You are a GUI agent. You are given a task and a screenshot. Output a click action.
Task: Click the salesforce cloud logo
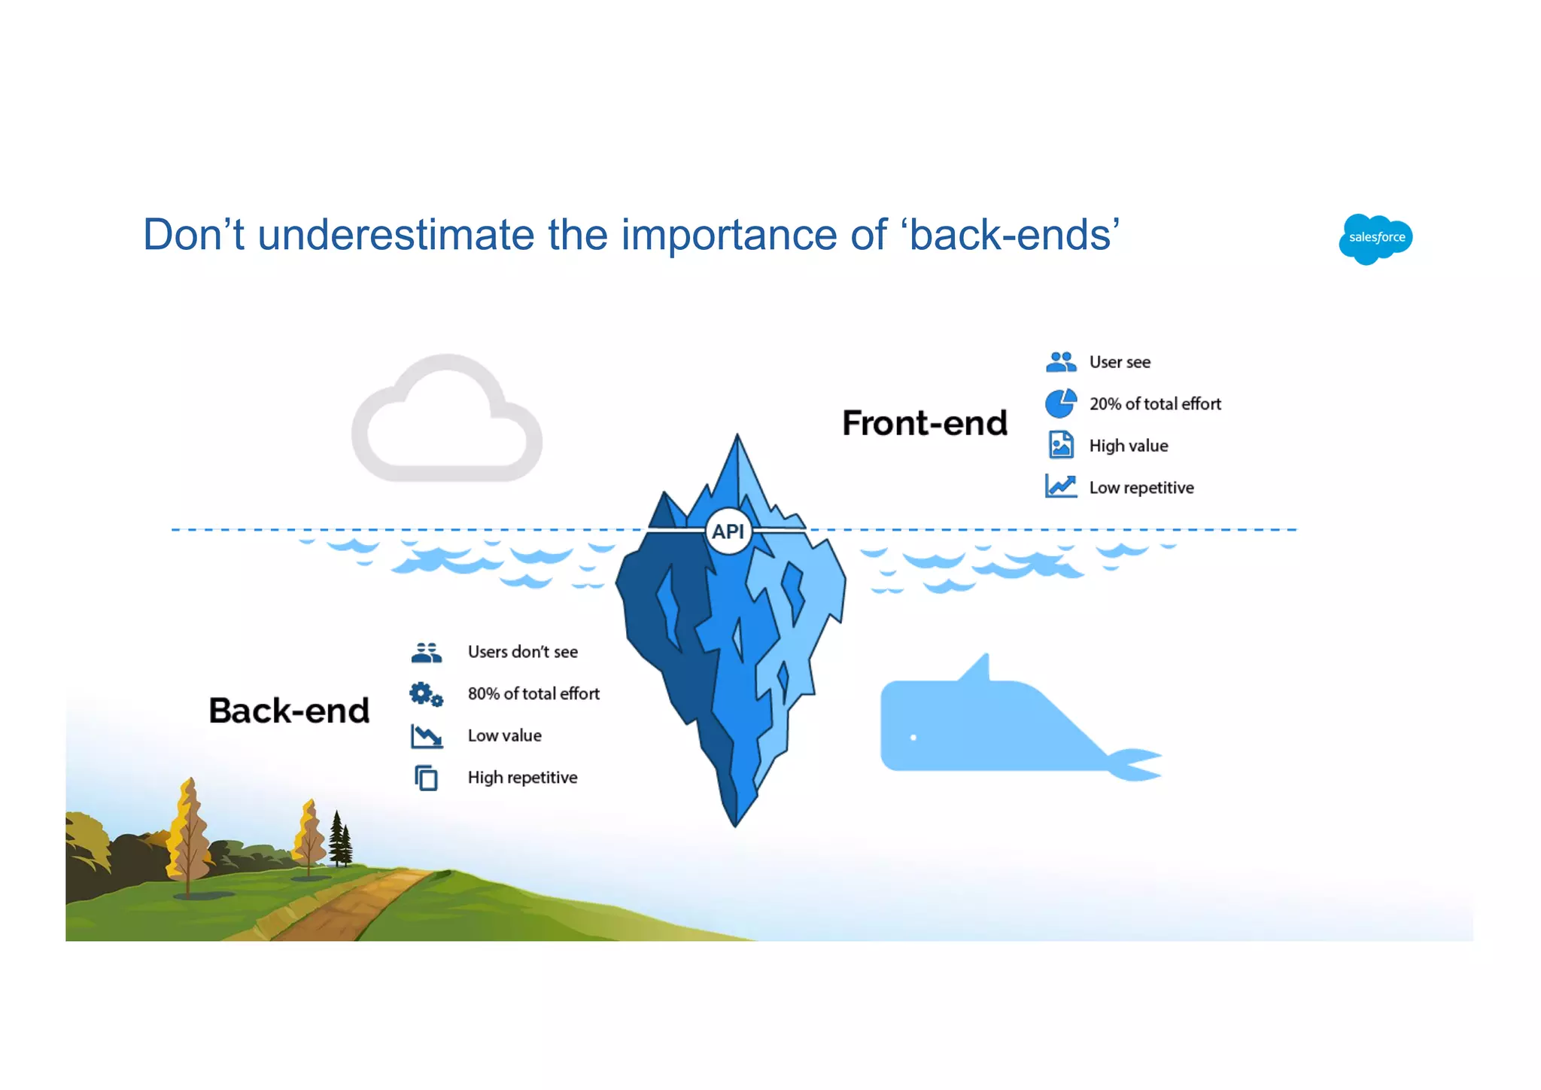point(1375,238)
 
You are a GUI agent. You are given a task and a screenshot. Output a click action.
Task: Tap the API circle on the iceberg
point(728,531)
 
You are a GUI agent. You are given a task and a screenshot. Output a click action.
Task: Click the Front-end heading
point(925,423)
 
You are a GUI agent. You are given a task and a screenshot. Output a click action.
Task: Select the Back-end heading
point(289,711)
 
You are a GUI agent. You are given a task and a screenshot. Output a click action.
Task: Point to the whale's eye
point(913,737)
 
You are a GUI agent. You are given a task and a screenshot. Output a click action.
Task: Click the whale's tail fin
point(1136,763)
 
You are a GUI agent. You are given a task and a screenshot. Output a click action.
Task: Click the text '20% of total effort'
point(1155,404)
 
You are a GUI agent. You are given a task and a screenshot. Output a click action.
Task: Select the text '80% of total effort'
point(533,694)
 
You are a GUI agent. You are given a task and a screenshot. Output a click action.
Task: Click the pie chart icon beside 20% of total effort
point(1060,403)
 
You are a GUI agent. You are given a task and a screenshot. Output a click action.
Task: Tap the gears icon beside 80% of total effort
point(426,694)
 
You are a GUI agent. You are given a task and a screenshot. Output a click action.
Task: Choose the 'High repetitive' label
point(522,778)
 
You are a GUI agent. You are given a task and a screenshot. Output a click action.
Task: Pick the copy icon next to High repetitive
point(426,778)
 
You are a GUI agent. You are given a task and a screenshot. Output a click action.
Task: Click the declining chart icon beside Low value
point(427,735)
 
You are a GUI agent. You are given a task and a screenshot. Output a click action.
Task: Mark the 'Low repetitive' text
point(1141,488)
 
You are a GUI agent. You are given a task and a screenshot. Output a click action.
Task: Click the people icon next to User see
point(1061,362)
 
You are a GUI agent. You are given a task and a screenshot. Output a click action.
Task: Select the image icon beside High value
point(1061,445)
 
